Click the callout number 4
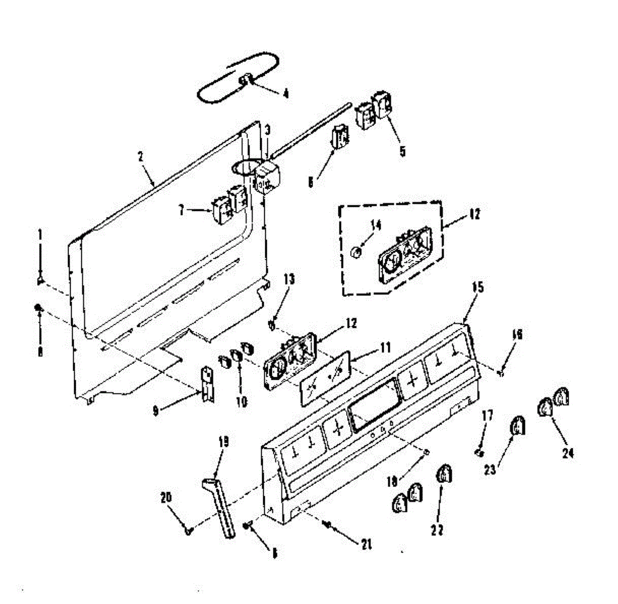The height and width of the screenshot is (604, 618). pos(286,94)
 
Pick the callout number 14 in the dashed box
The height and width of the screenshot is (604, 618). pos(375,225)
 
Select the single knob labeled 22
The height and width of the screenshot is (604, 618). pos(443,475)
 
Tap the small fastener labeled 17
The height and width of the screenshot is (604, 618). pos(478,452)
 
